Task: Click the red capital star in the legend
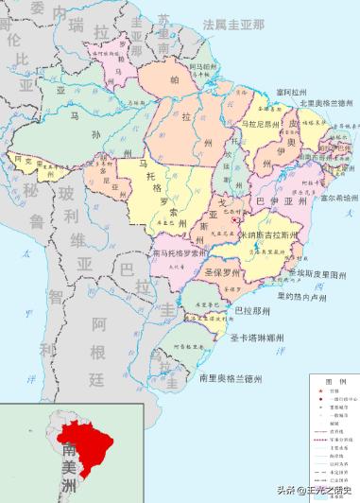click(x=318, y=390)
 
